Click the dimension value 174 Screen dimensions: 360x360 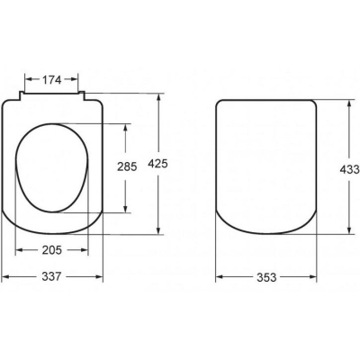point(51,80)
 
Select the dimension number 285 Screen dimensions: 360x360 point(127,166)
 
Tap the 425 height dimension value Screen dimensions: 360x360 point(158,164)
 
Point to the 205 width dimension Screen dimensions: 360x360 point(52,250)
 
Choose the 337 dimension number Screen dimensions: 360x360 point(51,276)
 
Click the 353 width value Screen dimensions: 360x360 point(266,277)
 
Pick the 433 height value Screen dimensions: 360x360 point(350,169)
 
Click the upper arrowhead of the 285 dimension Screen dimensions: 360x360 point(126,127)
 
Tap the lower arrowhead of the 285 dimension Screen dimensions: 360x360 point(126,209)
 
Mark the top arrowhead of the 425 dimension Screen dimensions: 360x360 point(158,97)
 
